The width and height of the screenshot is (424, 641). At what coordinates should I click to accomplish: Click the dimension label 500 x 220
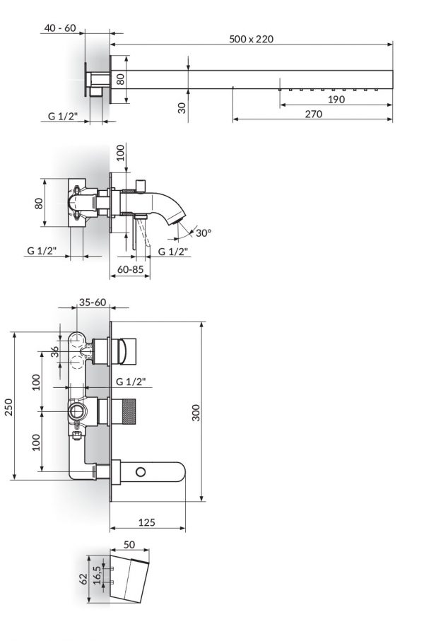252,39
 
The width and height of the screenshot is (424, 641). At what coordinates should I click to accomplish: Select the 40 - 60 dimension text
60,28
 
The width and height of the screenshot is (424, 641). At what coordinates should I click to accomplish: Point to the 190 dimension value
336,100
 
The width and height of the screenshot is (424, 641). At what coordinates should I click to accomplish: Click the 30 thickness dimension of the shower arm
182,108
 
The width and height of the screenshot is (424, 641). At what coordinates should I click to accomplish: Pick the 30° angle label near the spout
204,233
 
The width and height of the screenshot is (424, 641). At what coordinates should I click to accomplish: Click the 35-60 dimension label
93,302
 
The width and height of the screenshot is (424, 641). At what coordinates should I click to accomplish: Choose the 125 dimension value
146,523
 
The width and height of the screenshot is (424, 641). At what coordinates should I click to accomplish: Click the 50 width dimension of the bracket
129,546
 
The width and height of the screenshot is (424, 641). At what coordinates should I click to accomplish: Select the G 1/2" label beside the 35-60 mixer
131,382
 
